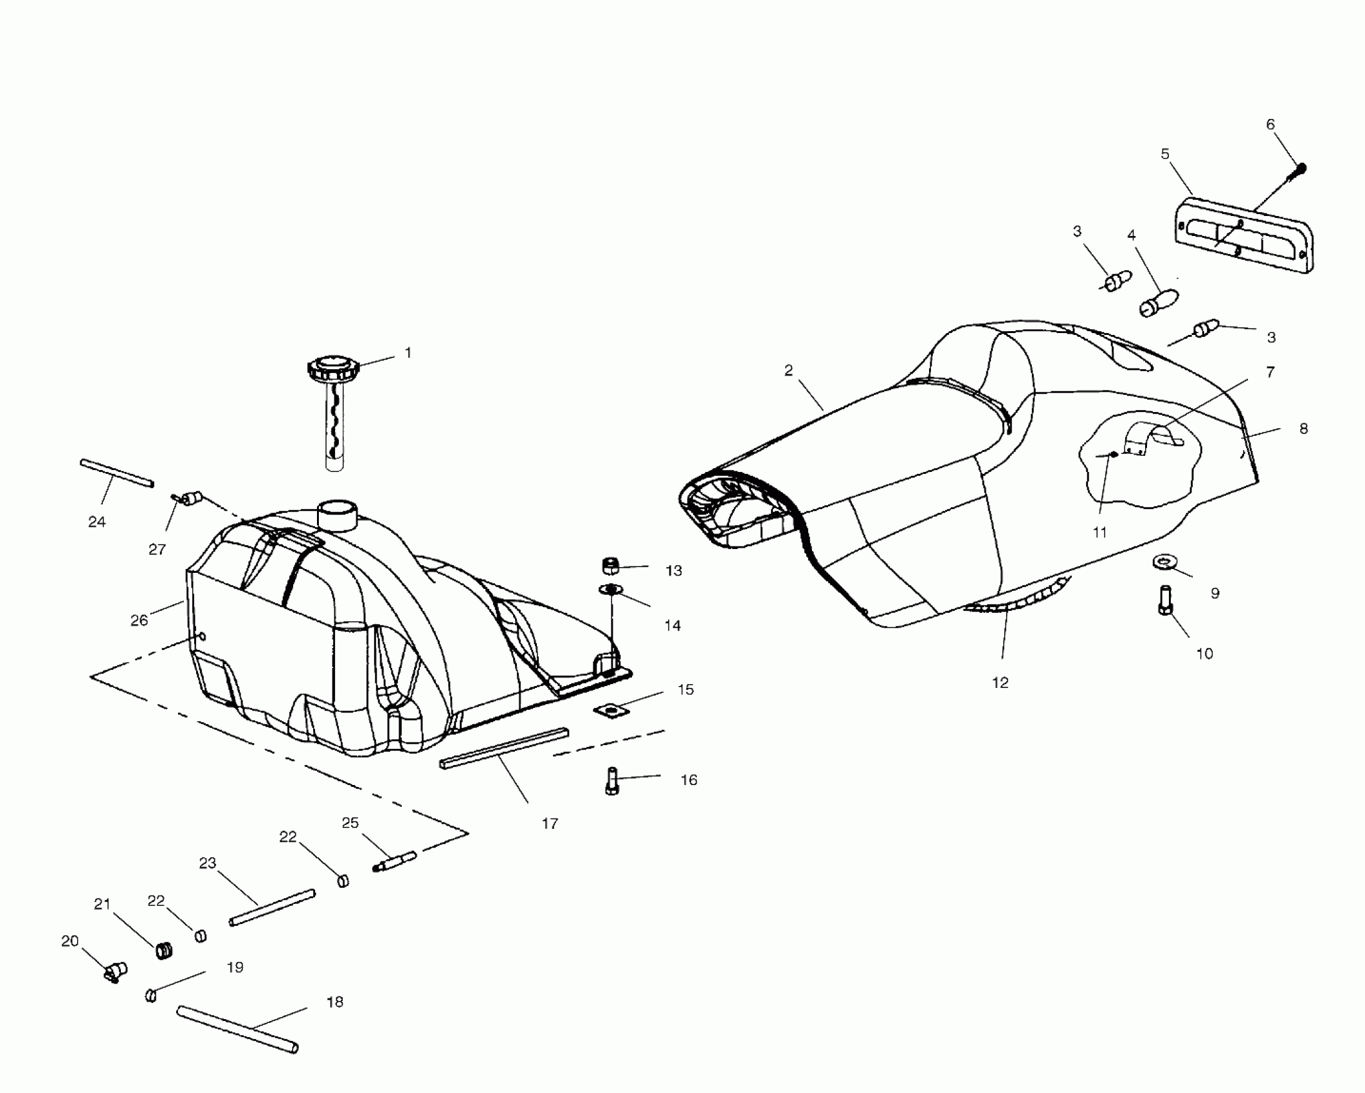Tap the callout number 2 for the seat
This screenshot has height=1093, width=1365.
point(788,370)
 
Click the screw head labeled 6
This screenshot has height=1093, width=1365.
point(1301,169)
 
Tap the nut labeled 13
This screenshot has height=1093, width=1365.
point(611,566)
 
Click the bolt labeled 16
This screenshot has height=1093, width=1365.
point(611,781)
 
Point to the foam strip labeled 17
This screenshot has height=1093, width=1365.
point(504,748)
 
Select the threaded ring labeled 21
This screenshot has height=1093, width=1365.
point(165,950)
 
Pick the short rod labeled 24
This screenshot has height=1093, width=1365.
point(117,473)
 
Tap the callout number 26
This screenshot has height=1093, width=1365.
point(139,620)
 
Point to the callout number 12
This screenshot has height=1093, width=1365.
point(1000,683)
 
